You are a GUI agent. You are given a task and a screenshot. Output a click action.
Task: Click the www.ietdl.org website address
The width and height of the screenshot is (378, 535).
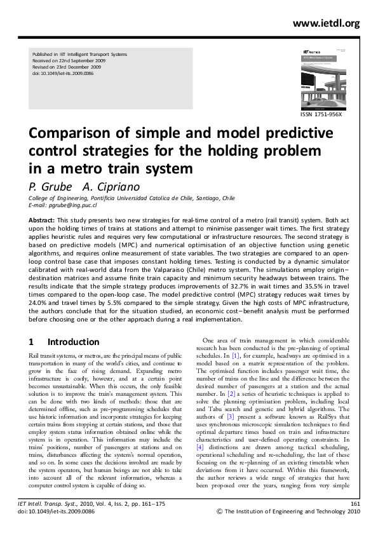[x=327, y=24]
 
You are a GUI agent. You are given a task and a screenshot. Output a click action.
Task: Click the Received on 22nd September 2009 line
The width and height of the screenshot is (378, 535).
[x=69, y=60]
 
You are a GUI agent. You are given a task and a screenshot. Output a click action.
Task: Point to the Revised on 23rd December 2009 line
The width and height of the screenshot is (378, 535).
[x=67, y=66]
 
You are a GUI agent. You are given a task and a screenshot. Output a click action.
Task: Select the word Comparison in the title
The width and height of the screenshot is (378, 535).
[x=72, y=135]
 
